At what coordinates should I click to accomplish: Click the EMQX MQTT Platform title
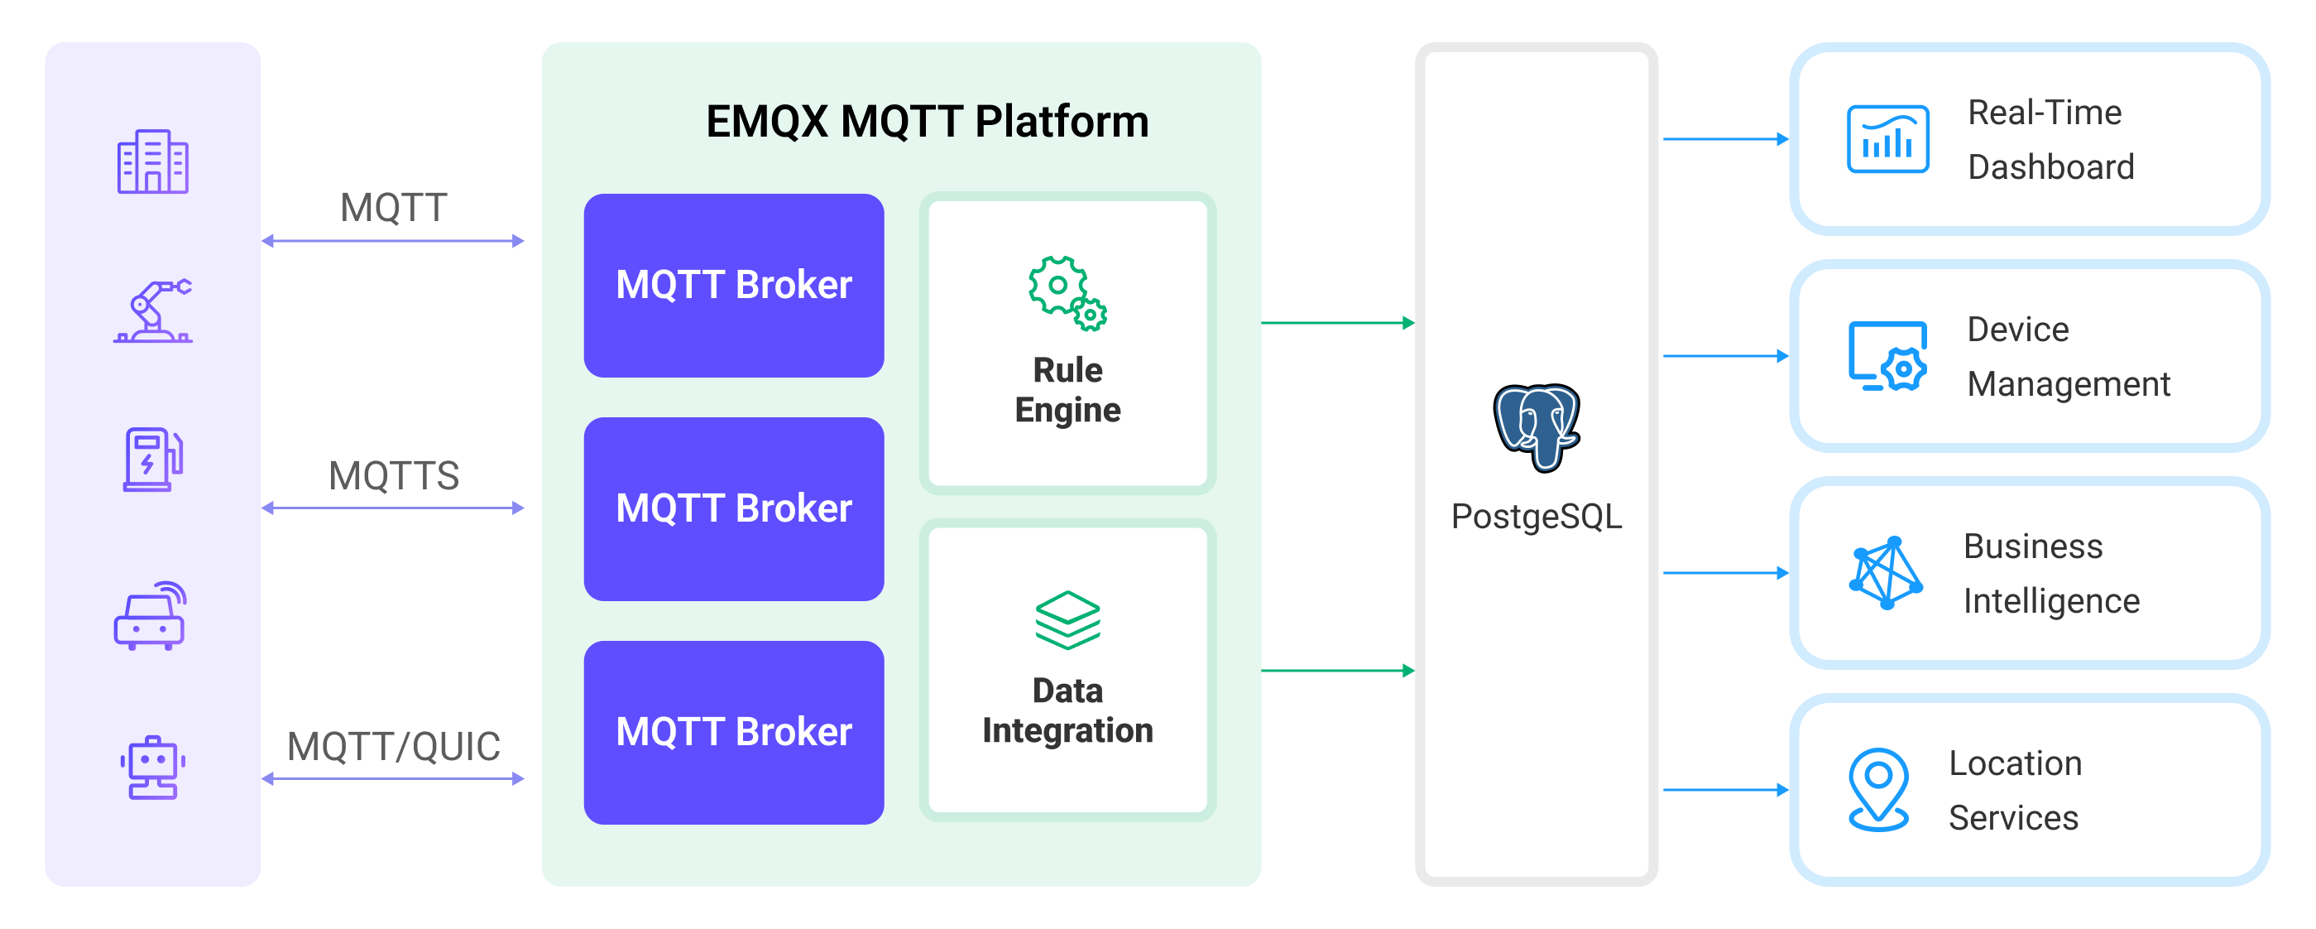[x=927, y=122]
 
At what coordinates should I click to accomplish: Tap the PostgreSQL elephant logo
[x=1536, y=427]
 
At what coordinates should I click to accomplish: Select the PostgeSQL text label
[x=1536, y=516]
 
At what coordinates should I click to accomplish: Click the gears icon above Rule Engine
[x=1067, y=293]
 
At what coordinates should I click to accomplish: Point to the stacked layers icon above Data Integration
[x=1067, y=619]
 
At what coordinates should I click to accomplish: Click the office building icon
[x=152, y=162]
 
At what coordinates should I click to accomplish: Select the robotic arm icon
[x=152, y=311]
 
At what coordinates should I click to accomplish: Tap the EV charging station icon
[x=152, y=460]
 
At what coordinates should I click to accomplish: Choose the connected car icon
[x=150, y=616]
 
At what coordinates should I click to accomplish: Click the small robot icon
[x=152, y=767]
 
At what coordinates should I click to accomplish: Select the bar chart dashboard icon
[x=1887, y=139]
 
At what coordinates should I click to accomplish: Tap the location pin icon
[x=1878, y=790]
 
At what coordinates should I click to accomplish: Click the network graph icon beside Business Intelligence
[x=1886, y=573]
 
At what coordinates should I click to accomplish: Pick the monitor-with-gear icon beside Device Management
[x=1887, y=356]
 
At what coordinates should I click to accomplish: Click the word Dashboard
[x=2050, y=167]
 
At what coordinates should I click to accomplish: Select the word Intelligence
[x=2050, y=601]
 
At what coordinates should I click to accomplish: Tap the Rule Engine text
[x=1067, y=390]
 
